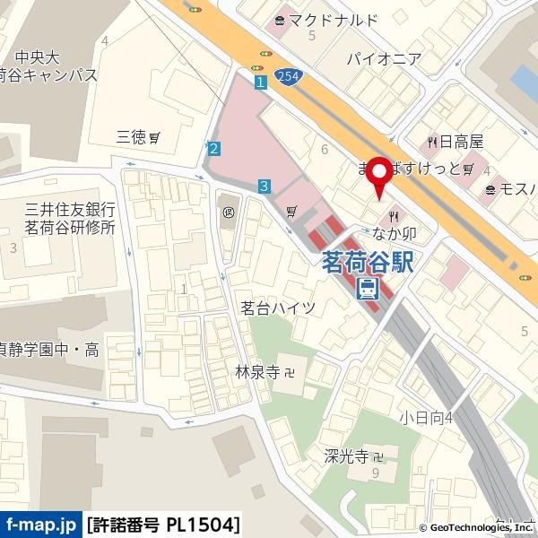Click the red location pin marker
click(x=379, y=177)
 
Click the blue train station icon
click(x=368, y=289)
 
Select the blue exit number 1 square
click(x=261, y=82)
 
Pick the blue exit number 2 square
click(x=213, y=149)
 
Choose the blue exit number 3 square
click(x=264, y=187)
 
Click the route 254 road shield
click(x=287, y=78)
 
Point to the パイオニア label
click(x=384, y=59)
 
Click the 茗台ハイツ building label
click(x=278, y=308)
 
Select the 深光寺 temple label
click(x=346, y=456)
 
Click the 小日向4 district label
click(x=426, y=417)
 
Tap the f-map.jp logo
click(x=40, y=523)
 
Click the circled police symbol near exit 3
click(x=229, y=213)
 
